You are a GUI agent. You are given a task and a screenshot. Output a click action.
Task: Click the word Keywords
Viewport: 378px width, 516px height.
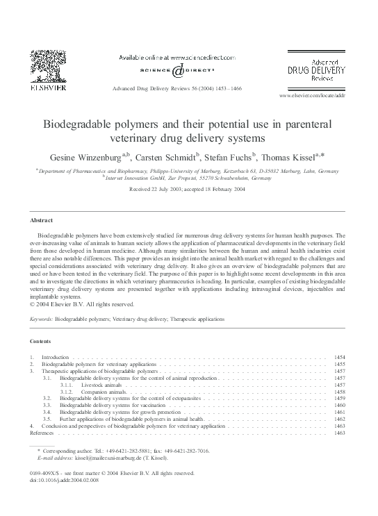(42, 319)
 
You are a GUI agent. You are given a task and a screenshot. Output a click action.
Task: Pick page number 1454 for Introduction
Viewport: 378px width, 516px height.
(340, 357)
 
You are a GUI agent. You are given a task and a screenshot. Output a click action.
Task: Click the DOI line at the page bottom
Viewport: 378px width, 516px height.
(61, 479)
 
